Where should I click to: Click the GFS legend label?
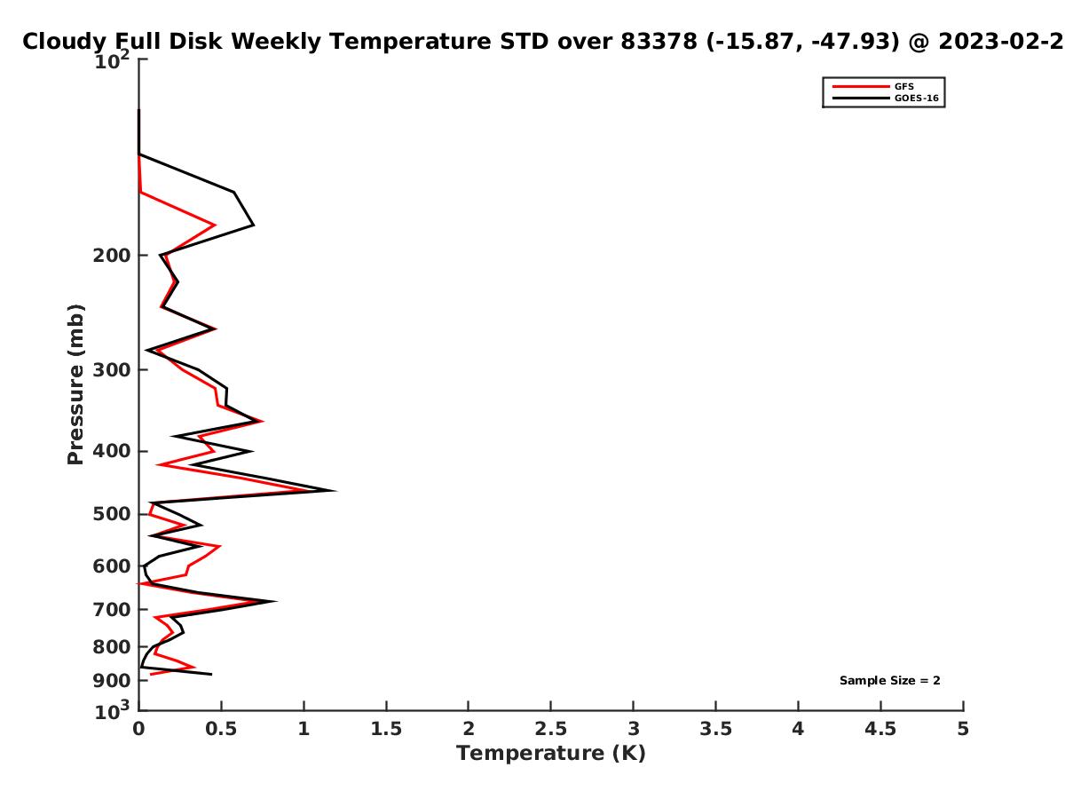click(x=903, y=86)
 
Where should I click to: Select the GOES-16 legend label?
click(x=916, y=98)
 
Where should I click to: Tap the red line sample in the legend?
click(x=861, y=86)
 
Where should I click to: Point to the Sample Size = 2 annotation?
click(x=889, y=680)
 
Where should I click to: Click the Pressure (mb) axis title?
click(x=75, y=384)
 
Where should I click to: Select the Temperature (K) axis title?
click(x=551, y=753)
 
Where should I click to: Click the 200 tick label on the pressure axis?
click(x=112, y=255)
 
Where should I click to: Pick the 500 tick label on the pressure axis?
click(x=112, y=514)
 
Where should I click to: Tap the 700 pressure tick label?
click(x=112, y=609)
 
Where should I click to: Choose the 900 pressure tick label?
click(x=112, y=680)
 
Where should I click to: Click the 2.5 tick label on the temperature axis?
click(x=551, y=729)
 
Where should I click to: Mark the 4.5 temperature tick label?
click(x=880, y=729)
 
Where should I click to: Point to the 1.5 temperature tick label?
click(x=386, y=729)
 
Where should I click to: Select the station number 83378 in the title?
click(x=659, y=41)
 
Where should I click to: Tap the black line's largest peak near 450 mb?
click(x=334, y=490)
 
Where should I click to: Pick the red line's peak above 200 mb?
click(x=214, y=225)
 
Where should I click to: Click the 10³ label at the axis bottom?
click(x=112, y=710)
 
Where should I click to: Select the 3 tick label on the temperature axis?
click(x=633, y=729)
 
